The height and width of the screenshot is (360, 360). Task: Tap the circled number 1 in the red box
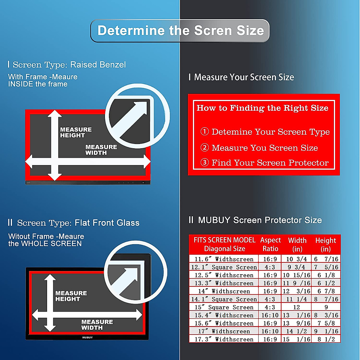205,131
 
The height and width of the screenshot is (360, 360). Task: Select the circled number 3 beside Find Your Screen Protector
205,162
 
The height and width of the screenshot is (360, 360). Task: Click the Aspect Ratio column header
270,244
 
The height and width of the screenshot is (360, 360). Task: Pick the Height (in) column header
325,244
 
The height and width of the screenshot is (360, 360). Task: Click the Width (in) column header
297,244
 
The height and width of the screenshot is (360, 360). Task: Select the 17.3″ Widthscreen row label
224,339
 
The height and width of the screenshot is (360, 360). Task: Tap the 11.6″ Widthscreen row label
224,259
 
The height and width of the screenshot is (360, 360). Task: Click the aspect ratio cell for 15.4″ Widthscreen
270,315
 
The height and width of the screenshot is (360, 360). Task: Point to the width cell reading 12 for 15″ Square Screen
296,307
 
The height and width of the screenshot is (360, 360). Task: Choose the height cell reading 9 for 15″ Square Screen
326,307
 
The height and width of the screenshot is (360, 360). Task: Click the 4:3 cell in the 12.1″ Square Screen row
270,267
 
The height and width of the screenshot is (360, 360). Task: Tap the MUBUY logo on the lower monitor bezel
87,337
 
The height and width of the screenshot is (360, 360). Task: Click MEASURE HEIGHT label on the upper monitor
76,132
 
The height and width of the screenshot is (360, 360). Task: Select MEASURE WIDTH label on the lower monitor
97,325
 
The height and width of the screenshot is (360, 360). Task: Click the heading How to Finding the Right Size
262,108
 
